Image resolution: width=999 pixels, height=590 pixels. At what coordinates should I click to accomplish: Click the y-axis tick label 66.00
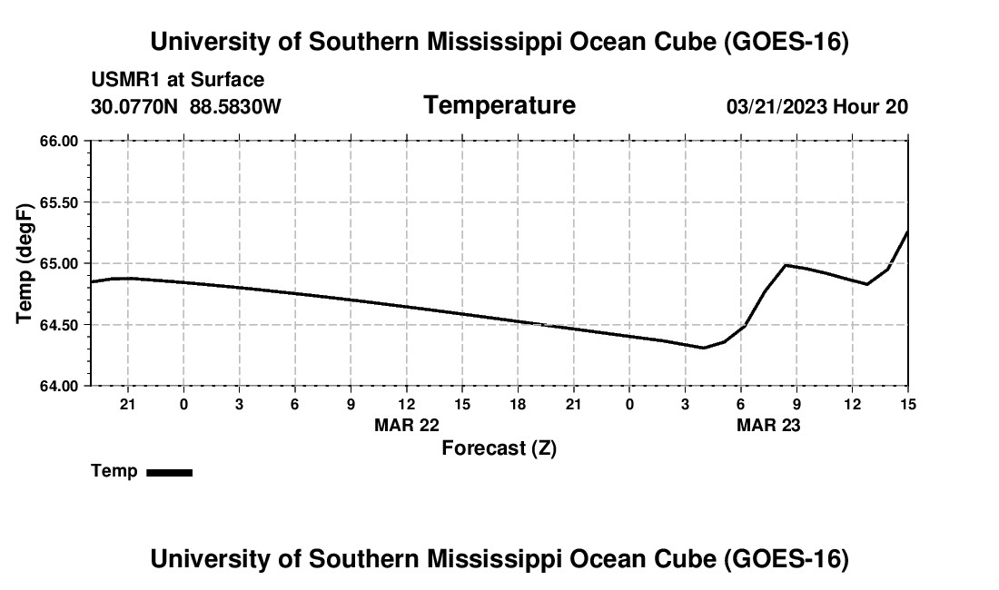click(59, 142)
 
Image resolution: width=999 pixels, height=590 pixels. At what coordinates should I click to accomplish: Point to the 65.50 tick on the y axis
click(59, 202)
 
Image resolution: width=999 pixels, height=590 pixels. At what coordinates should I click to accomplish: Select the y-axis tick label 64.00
click(59, 386)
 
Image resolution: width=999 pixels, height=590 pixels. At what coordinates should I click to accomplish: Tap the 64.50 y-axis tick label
click(59, 325)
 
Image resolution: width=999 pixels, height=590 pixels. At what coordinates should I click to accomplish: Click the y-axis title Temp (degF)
click(25, 263)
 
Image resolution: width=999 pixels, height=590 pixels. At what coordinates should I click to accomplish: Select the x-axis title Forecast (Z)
click(499, 448)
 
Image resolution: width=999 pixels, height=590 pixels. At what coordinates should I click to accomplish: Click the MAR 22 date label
click(407, 425)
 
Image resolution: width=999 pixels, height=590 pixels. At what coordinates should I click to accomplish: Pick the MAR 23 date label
click(768, 425)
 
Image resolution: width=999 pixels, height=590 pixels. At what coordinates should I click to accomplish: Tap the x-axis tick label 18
click(518, 404)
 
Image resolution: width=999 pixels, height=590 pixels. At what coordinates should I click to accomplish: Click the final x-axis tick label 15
click(908, 404)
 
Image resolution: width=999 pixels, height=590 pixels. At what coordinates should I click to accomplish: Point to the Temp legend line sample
click(170, 472)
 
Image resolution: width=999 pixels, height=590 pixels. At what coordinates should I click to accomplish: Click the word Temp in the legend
click(114, 471)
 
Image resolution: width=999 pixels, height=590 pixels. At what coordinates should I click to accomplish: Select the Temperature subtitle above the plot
click(499, 105)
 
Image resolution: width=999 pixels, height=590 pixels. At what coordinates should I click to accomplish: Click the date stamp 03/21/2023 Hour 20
click(817, 106)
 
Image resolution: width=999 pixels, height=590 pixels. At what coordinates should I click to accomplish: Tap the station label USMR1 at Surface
click(178, 80)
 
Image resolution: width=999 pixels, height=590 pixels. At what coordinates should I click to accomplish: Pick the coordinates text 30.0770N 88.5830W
click(186, 106)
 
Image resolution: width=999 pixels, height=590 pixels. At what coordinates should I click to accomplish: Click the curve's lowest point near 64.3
click(703, 348)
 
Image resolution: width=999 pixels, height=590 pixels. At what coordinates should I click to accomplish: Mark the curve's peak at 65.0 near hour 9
click(786, 265)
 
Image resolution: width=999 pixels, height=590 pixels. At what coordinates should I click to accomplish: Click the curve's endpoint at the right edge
click(907, 231)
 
